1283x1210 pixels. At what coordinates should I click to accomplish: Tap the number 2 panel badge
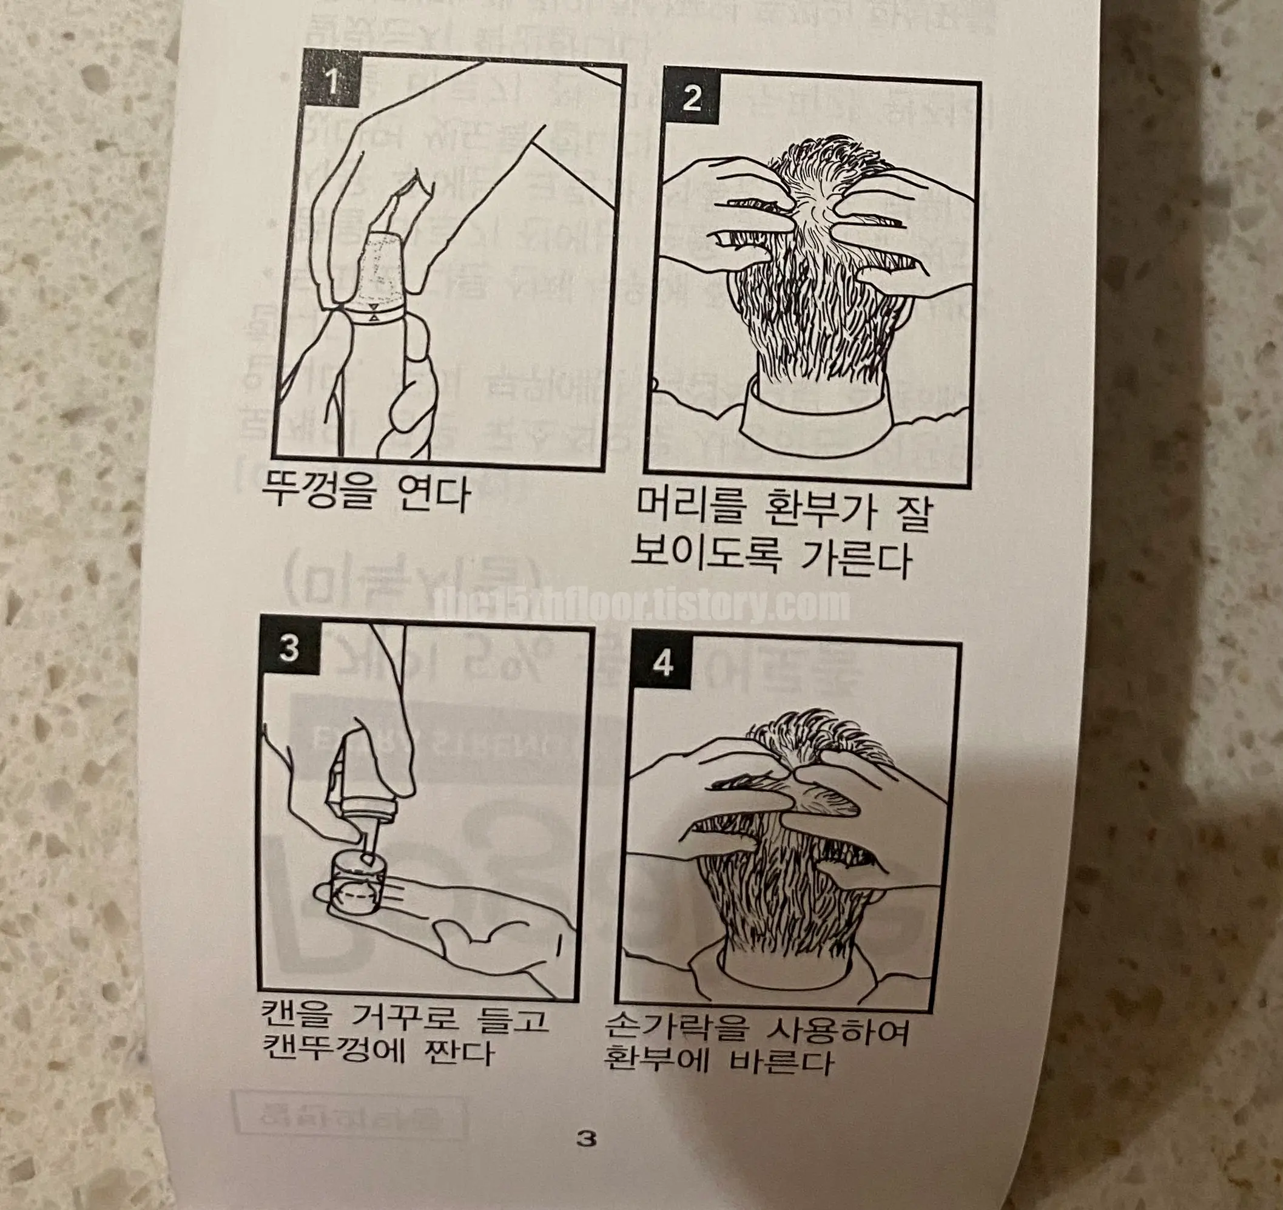point(691,99)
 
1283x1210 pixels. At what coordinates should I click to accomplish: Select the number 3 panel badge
point(290,647)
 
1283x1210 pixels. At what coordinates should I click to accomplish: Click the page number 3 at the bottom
point(585,1138)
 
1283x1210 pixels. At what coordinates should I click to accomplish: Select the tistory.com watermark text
point(642,606)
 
